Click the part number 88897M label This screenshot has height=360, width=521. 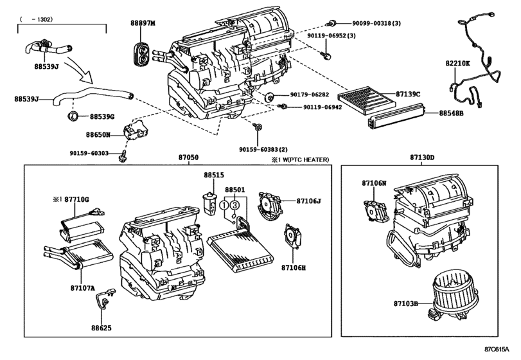[143, 23]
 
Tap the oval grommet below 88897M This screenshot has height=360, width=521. [141, 54]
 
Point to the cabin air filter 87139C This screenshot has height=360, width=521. [366, 99]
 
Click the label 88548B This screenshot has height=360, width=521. [451, 113]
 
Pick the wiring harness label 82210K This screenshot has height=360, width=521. [457, 63]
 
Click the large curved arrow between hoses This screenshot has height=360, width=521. [79, 71]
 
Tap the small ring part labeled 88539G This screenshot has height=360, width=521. [73, 116]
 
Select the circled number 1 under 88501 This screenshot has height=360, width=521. [225, 205]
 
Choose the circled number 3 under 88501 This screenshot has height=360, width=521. [235, 205]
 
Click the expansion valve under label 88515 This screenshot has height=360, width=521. [209, 204]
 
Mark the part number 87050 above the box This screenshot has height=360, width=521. [188, 157]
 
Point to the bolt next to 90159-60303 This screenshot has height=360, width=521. [122, 155]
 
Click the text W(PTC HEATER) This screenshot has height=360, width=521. [305, 160]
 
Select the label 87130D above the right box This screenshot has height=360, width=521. [421, 157]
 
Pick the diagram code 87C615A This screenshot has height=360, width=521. [497, 349]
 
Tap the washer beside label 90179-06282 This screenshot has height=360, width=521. [269, 98]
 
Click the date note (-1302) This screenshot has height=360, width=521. [36, 19]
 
